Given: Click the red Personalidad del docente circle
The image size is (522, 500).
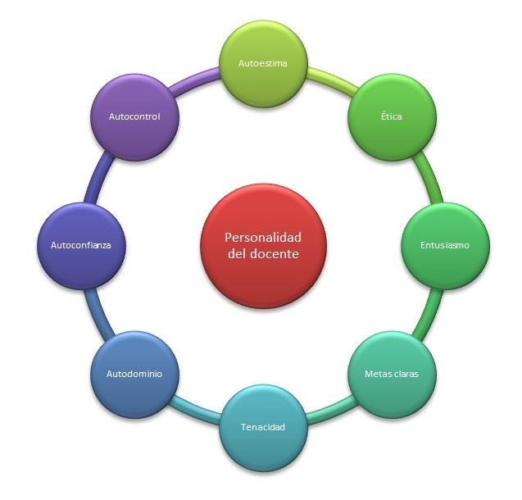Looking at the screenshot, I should click(x=263, y=246).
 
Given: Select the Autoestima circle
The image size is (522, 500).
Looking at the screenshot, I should click(x=262, y=63).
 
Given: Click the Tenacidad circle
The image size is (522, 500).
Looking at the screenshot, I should click(x=262, y=426).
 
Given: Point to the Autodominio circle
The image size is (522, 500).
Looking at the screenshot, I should click(x=134, y=374).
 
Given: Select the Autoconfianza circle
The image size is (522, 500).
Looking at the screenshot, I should click(x=80, y=244).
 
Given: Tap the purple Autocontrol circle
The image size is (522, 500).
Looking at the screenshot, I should click(x=134, y=116).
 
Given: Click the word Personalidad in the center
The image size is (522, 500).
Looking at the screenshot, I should click(x=263, y=237).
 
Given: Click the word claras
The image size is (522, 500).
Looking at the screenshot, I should click(x=405, y=374).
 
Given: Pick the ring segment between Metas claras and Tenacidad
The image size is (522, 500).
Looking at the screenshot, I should click(x=330, y=412).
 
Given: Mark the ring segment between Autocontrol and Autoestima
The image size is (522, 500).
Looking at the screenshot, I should click(x=193, y=78).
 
